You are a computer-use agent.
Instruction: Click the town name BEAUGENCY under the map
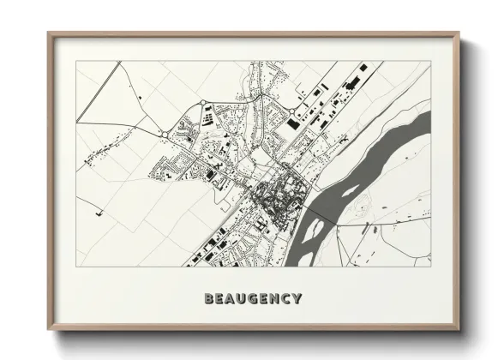point(253,299)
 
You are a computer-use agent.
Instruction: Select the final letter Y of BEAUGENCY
point(297,299)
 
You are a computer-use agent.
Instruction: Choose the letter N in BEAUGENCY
point(274,299)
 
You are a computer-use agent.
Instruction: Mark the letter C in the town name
point(285,299)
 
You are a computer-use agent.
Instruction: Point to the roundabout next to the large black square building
point(295,112)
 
